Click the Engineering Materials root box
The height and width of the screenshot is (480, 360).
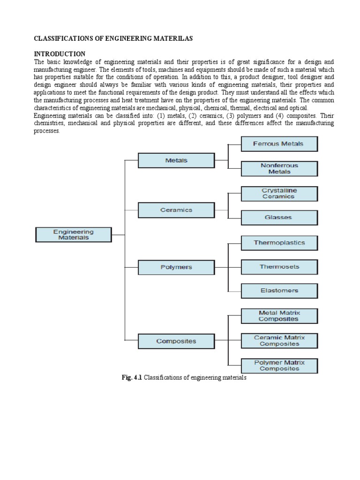(x=74, y=234)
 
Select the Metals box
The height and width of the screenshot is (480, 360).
(x=176, y=160)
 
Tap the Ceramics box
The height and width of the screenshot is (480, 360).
(x=176, y=210)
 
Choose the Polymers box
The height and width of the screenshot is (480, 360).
(x=176, y=267)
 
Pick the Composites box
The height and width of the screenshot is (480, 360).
(x=176, y=341)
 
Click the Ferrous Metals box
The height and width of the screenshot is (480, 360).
(x=279, y=144)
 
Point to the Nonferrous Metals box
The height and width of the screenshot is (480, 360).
(x=279, y=169)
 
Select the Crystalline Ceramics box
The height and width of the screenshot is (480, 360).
(x=279, y=194)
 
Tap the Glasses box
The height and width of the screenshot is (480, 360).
(x=279, y=217)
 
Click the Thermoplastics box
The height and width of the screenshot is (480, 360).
(x=279, y=243)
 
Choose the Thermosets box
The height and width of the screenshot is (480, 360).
(x=279, y=267)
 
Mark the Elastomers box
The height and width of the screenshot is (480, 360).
(x=279, y=291)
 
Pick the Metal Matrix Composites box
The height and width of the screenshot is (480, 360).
(x=279, y=316)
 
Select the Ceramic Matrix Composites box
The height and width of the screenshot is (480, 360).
(x=279, y=341)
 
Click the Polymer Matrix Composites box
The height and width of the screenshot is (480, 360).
(x=279, y=366)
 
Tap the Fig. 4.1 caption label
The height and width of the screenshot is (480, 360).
(x=131, y=377)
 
